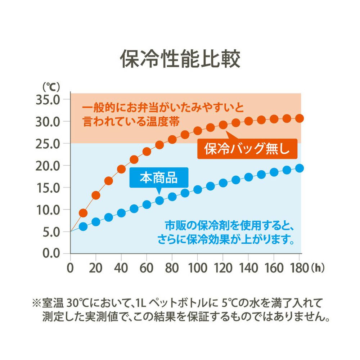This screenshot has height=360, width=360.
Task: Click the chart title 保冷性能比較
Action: [x=180, y=59]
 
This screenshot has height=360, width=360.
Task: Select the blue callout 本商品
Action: [x=158, y=177]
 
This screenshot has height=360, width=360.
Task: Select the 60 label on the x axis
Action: [x=147, y=268]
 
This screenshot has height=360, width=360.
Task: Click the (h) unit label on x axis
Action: [x=318, y=268]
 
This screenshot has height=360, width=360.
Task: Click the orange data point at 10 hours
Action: [x=83, y=213]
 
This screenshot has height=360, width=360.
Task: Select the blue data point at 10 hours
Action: [x=83, y=226]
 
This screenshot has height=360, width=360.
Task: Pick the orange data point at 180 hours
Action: [x=300, y=118]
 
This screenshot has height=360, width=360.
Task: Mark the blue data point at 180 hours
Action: [x=300, y=168]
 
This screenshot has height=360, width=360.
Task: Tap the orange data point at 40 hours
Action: [x=121, y=169]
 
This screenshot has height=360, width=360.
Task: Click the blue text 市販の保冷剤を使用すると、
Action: [x=230, y=226]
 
